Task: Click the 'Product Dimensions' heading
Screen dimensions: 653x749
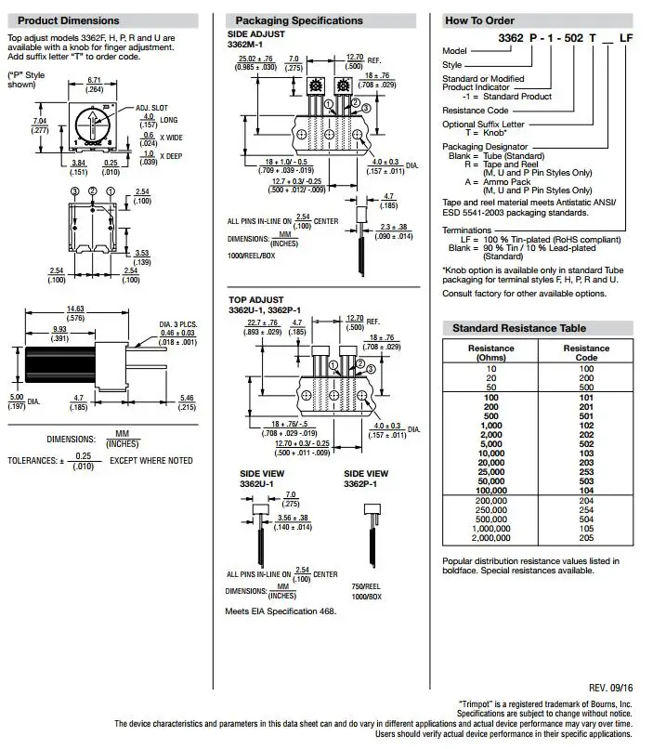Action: (68, 20)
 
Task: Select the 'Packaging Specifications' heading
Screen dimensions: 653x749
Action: (299, 20)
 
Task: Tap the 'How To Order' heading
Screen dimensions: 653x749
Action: (479, 20)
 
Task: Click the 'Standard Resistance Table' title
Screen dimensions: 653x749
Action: (519, 328)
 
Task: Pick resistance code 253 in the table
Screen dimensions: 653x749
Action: (586, 472)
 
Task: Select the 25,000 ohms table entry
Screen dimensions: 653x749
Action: (491, 472)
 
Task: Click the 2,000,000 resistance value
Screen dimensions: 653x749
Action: (491, 538)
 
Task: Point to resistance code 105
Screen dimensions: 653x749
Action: (586, 529)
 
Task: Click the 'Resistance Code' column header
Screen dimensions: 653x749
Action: (586, 352)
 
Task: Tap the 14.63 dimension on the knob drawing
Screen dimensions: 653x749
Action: (75, 309)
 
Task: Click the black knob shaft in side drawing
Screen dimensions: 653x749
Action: (60, 364)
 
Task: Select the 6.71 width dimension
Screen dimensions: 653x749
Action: (94, 80)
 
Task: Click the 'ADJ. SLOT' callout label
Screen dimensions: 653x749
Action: (151, 108)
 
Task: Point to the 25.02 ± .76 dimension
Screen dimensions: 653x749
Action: (255, 59)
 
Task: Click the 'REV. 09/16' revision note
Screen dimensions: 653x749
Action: (610, 688)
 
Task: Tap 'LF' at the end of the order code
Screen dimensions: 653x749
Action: (626, 38)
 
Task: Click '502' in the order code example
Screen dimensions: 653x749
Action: (573, 38)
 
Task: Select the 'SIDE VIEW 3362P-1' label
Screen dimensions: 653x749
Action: (366, 479)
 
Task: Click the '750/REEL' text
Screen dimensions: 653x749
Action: (366, 586)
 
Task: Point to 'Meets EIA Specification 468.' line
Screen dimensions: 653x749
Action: (281, 611)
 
